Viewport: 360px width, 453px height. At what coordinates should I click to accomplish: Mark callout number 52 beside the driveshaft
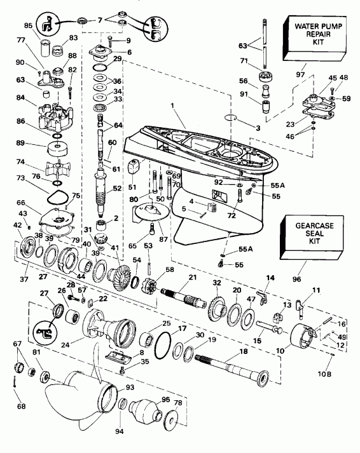pyautogui.click(x=116, y=189)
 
